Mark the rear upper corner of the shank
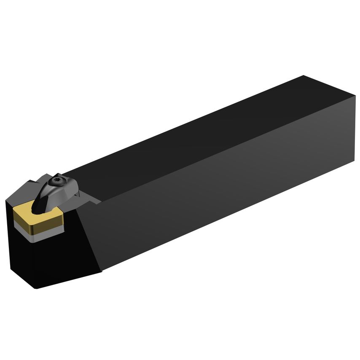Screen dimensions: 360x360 point(303,76)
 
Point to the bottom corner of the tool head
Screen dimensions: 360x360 point(36,288)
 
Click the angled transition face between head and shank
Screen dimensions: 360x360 point(89,236)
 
